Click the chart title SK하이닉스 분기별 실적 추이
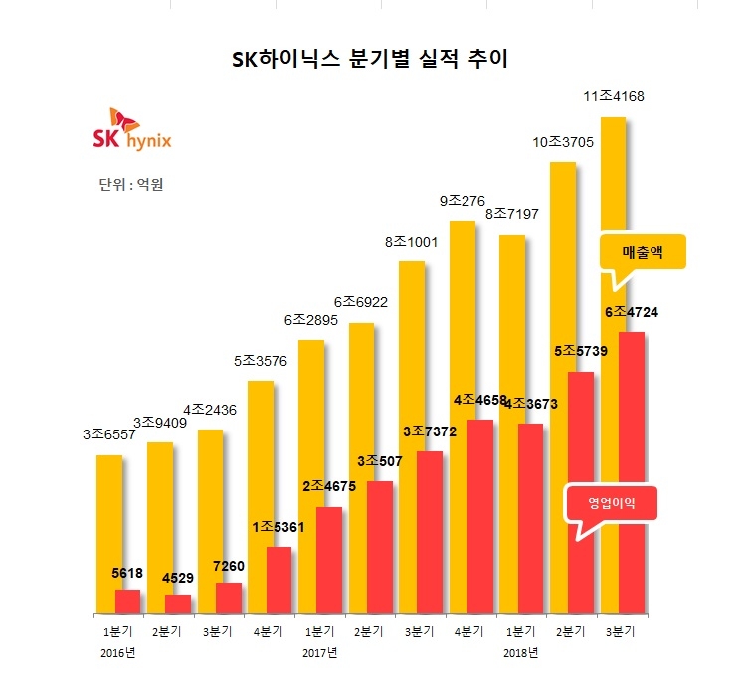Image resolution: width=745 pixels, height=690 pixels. (369, 60)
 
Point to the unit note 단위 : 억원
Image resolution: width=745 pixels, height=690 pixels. (131, 185)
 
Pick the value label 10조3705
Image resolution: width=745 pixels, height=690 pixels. (563, 142)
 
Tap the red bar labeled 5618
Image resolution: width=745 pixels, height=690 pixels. (127, 602)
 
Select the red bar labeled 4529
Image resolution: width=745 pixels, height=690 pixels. (178, 604)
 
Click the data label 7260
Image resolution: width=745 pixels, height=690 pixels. (228, 566)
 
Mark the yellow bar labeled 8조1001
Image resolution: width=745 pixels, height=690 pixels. (411, 437)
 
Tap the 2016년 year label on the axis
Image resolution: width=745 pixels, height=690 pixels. (117, 653)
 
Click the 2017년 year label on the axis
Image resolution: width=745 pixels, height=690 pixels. (319, 653)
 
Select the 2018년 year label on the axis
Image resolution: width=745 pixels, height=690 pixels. (520, 653)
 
